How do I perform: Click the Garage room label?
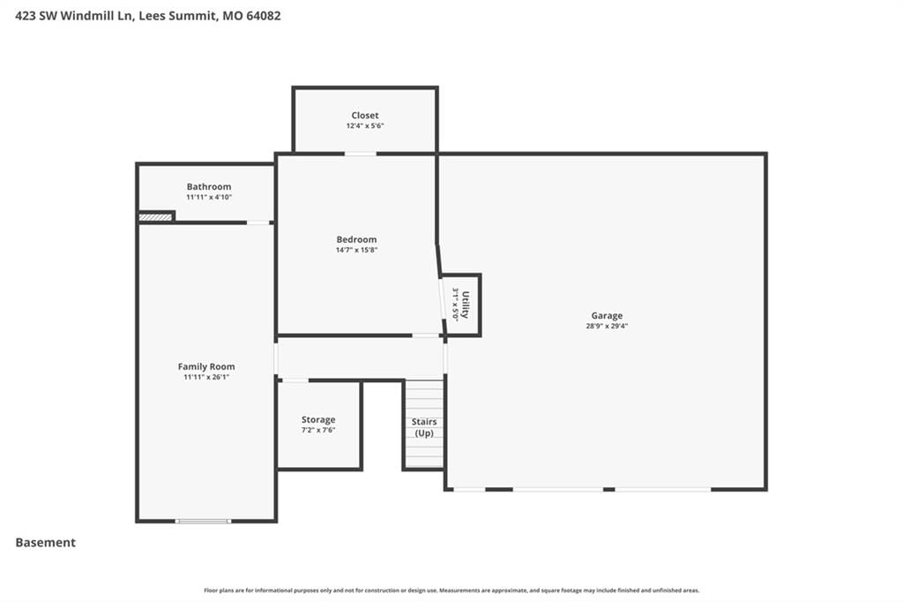(x=607, y=315)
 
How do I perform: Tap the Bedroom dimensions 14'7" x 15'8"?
(x=356, y=250)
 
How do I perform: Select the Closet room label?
(x=365, y=116)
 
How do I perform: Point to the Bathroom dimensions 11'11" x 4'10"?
(x=209, y=197)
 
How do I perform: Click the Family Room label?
(x=206, y=366)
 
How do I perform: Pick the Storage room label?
(x=318, y=420)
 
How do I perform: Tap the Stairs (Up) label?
(x=424, y=427)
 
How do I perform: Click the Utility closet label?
(x=466, y=305)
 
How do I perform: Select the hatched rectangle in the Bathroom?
(x=155, y=217)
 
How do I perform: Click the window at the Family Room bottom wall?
(x=204, y=522)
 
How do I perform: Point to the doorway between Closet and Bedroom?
(x=361, y=154)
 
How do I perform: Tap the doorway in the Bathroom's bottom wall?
(x=258, y=222)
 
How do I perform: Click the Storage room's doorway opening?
(x=295, y=380)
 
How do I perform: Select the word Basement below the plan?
(x=46, y=543)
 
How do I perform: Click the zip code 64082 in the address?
(x=264, y=16)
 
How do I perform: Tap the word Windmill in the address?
(x=86, y=16)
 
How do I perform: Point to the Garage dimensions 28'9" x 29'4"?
(x=607, y=326)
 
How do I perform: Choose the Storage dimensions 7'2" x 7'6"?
(x=318, y=430)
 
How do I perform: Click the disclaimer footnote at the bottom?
(x=451, y=591)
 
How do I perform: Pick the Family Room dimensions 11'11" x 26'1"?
(x=206, y=377)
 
